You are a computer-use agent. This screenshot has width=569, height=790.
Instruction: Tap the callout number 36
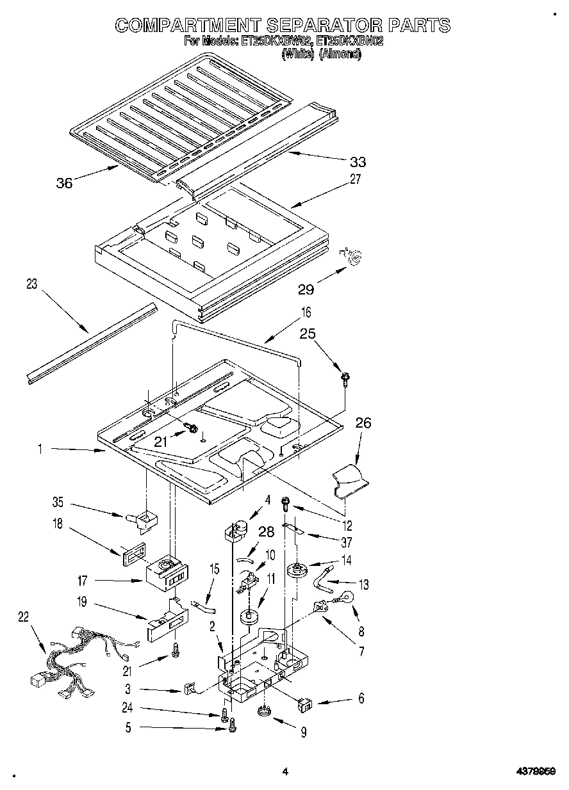click(64, 183)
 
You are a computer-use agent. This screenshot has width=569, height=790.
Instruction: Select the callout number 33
click(358, 162)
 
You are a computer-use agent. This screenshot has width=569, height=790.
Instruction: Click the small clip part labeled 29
click(353, 255)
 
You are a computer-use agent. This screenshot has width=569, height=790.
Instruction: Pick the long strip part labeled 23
click(91, 344)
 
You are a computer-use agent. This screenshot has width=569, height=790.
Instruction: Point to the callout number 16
click(306, 313)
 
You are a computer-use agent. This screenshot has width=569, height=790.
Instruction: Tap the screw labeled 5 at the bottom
click(232, 725)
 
